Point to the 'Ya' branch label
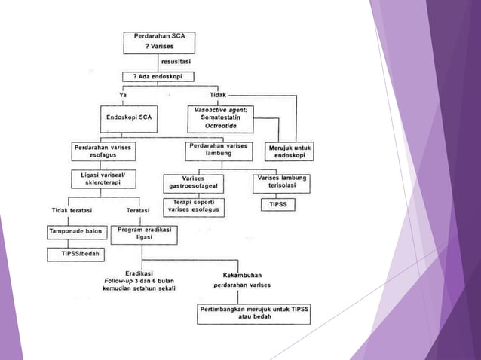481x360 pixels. (123, 95)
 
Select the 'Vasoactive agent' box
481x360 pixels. (224, 119)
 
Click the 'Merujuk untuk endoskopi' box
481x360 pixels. (290, 151)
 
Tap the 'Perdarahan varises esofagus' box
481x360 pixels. (103, 151)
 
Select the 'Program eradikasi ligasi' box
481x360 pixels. (143, 233)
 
